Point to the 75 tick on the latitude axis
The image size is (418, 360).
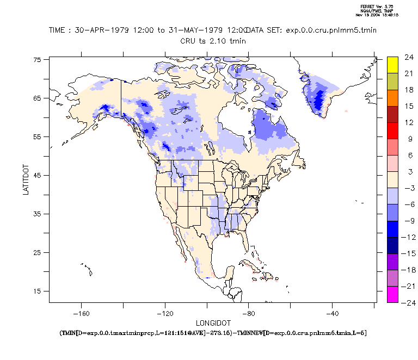38,60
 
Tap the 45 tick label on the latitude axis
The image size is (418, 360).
38,176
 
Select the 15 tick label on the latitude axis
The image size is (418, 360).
38,291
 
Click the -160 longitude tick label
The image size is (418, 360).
81,313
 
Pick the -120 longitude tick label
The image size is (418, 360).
165,313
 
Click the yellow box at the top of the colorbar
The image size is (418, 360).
392,64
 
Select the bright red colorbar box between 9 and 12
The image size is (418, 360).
392,130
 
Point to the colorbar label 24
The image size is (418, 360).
407,57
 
